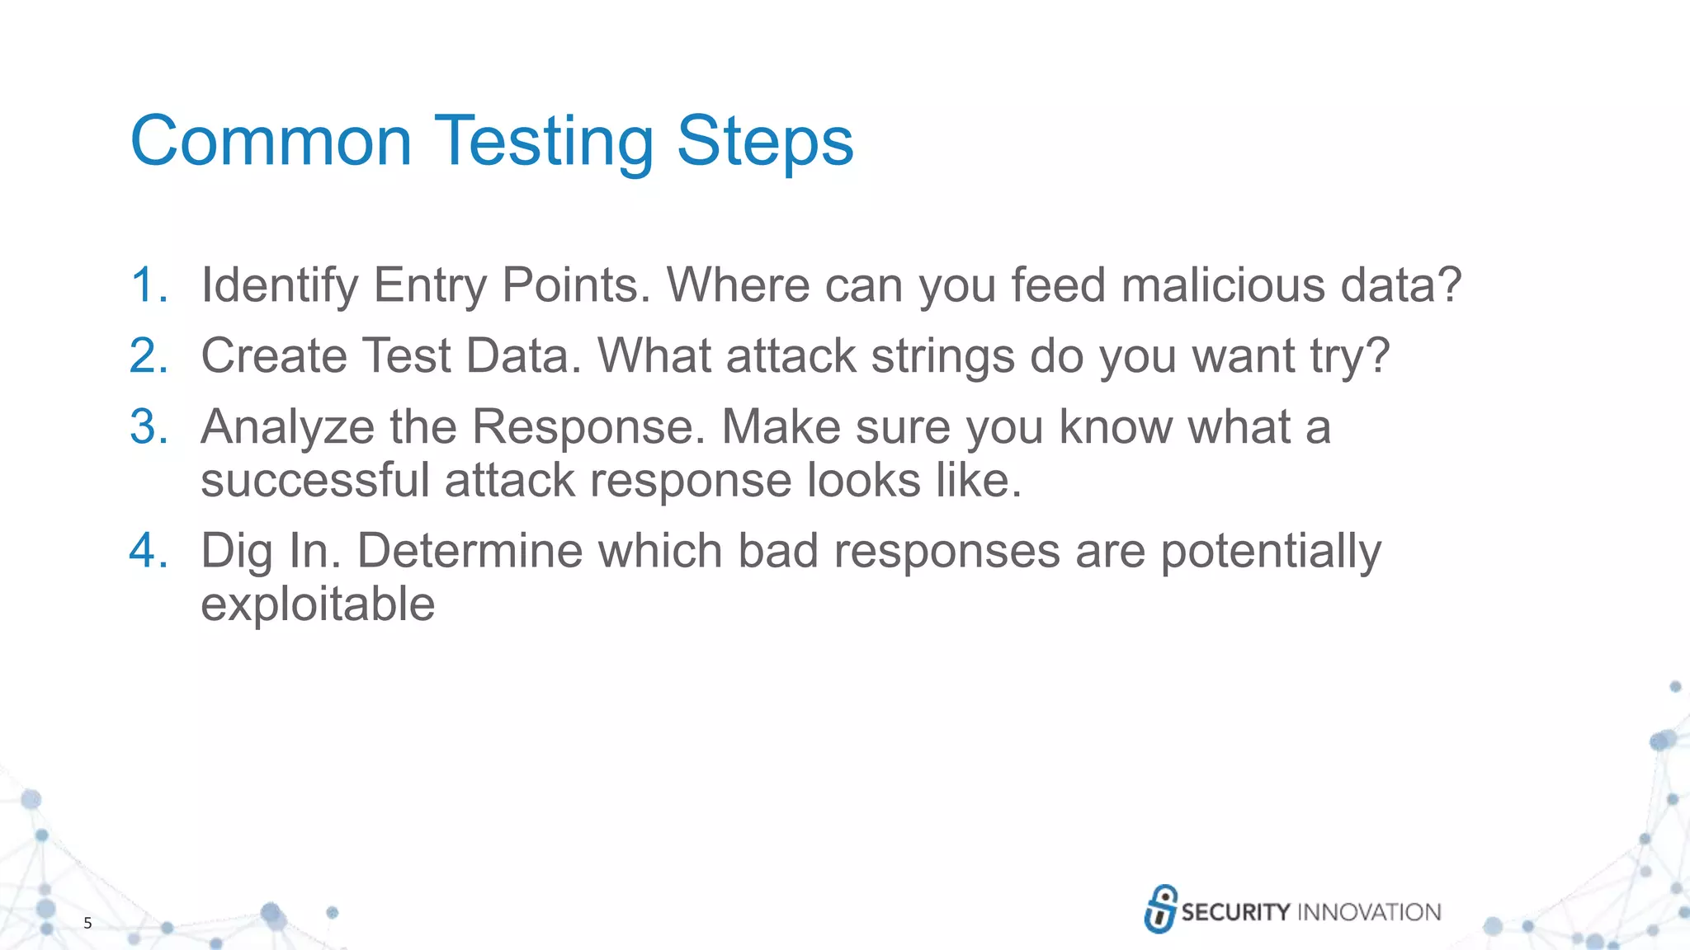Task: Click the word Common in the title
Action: click(271, 142)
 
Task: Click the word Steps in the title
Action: click(764, 142)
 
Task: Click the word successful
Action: click(315, 480)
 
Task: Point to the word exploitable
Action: click(318, 605)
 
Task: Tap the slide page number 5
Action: click(87, 923)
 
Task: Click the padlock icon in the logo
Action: click(1160, 909)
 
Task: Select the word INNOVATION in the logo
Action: click(1369, 912)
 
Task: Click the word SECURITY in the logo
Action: click(1235, 912)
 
